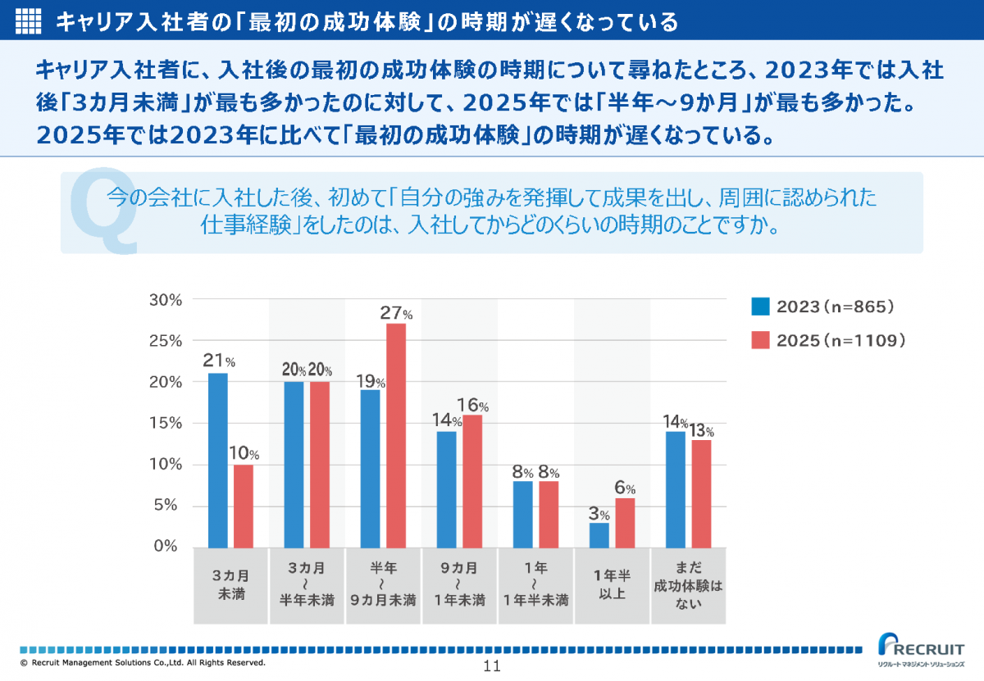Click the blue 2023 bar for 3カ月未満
[217, 460]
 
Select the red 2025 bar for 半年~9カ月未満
[396, 435]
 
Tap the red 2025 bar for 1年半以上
[625, 522]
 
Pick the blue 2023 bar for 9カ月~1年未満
[446, 488]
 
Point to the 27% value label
[395, 313]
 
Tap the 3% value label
[599, 514]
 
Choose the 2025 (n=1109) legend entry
[828, 340]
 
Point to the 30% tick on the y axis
[165, 300]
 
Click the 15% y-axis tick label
[165, 424]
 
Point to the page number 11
[492, 665]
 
